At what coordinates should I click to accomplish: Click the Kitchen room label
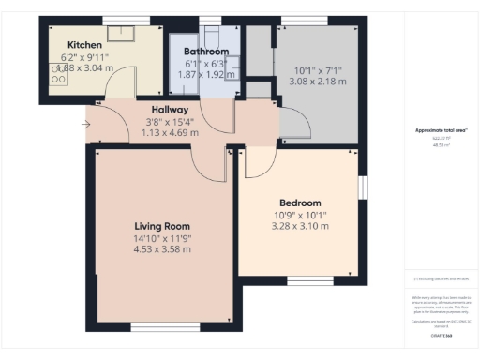(x=84, y=43)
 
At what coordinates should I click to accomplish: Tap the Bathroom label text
(x=206, y=51)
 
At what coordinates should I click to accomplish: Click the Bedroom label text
(x=300, y=202)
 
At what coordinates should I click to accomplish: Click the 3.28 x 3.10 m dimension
(x=300, y=226)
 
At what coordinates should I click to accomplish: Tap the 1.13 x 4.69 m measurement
(x=170, y=132)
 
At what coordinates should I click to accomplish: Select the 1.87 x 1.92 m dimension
(x=205, y=73)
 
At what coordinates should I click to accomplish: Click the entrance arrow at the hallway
(x=86, y=123)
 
